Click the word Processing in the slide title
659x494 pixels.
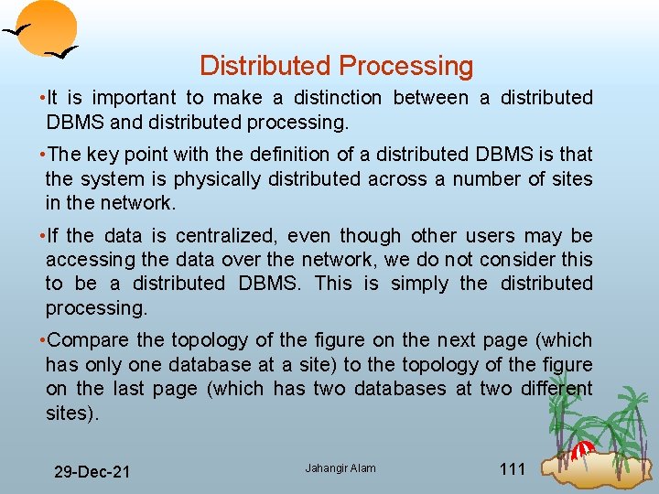pyautogui.click(x=405, y=66)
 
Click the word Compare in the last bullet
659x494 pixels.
pyautogui.click(x=85, y=340)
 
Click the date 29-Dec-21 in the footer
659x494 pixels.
pyautogui.click(x=92, y=472)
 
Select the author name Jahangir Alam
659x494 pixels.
pyautogui.click(x=340, y=468)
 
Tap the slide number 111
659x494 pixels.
pyautogui.click(x=513, y=469)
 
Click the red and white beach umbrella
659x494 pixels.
pyautogui.click(x=583, y=450)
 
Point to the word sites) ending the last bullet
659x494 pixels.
pyautogui.click(x=71, y=413)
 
